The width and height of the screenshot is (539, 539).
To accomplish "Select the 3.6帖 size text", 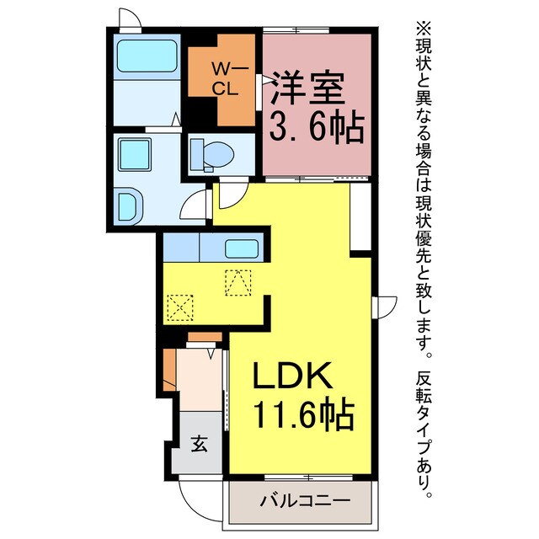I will point(316,128).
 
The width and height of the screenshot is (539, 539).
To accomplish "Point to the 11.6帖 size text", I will point(302,414).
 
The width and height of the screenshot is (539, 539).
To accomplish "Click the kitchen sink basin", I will point(243,249).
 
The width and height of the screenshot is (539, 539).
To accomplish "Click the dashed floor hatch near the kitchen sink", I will point(238,280).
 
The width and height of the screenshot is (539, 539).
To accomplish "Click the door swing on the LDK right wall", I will point(387,307).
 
